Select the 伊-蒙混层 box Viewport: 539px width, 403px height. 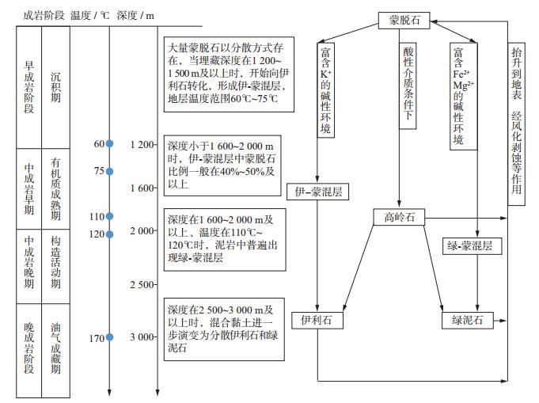[x=317, y=191]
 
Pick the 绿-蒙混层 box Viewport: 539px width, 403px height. [x=471, y=246]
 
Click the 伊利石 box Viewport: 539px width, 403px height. [x=317, y=320]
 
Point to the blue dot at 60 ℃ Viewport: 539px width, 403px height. [x=110, y=144]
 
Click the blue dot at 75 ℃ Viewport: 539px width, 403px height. [x=110, y=171]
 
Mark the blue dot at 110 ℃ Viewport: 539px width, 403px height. [x=110, y=216]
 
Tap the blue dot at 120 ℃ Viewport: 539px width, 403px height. [x=110, y=234]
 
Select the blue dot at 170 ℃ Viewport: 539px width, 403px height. [x=110, y=338]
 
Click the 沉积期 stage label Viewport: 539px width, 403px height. [x=55, y=86]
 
